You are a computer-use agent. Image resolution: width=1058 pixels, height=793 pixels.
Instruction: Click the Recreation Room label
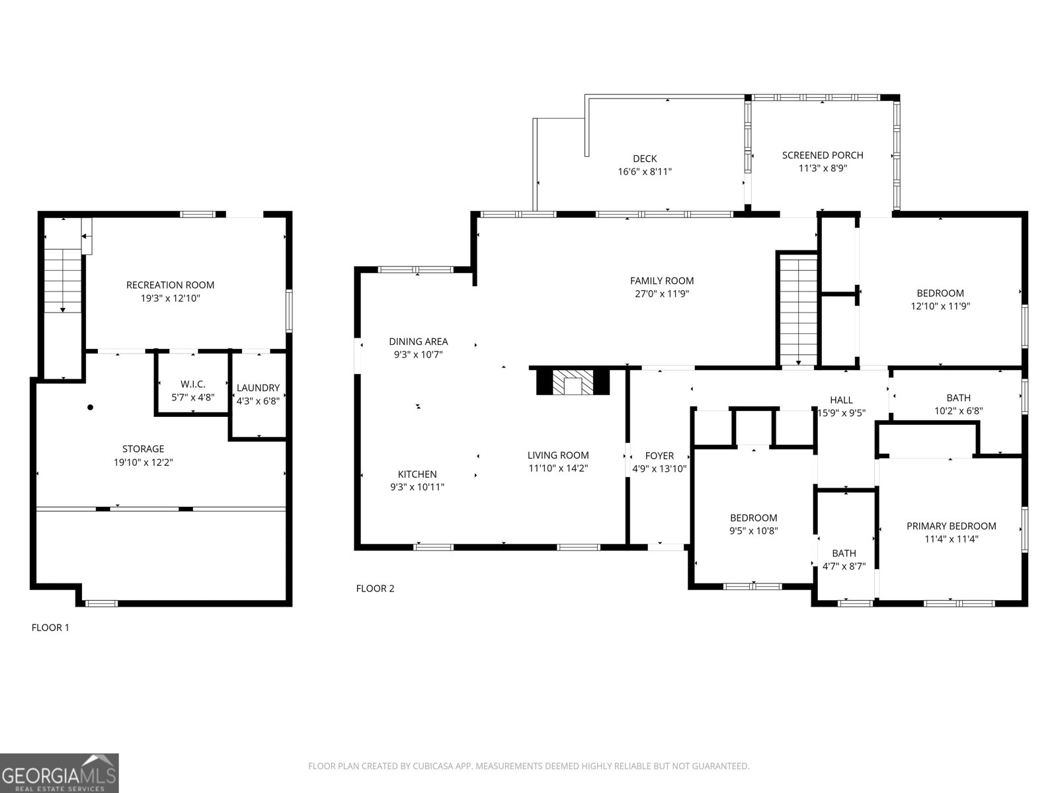pos(170,285)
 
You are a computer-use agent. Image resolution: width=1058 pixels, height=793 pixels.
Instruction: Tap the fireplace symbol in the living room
pos(573,383)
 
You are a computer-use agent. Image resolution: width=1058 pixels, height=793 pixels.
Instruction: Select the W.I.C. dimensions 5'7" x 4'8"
pos(192,397)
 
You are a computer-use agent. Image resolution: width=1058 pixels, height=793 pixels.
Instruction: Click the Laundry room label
pos(258,388)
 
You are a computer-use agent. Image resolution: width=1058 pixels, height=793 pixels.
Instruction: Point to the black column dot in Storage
pos(91,407)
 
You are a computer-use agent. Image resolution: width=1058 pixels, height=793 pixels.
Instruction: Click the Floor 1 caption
pos(50,628)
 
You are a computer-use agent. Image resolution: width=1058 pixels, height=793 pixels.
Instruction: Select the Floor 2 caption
pos(375,588)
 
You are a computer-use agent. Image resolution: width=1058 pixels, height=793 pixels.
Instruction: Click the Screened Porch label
pos(823,155)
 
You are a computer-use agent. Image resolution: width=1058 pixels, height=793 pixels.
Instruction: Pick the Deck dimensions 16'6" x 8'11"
pos(645,171)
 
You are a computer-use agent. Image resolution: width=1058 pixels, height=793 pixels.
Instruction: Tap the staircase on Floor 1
pos(63,281)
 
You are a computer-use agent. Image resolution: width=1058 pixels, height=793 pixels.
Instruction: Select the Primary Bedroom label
pos(951,526)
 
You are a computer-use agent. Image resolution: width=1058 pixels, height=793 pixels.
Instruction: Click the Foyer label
pos(659,456)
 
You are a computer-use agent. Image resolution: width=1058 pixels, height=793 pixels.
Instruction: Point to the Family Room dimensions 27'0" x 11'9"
pos(661,294)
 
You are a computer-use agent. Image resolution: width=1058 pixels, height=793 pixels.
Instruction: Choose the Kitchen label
pos(417,474)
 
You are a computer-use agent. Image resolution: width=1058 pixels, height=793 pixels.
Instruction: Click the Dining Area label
pos(418,342)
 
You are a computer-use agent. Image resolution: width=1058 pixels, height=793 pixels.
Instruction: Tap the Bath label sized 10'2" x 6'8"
pos(958,398)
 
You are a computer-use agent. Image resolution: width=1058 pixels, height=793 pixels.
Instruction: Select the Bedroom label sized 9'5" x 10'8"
pos(753,518)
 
